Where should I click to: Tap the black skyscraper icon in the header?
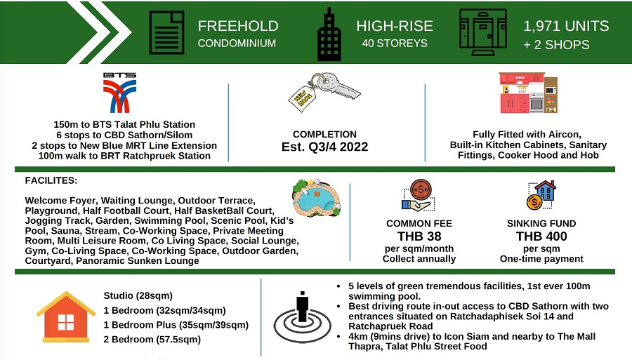[329, 33]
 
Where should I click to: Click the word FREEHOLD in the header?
[238, 27]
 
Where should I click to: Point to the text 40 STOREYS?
[394, 44]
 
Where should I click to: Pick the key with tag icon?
[324, 94]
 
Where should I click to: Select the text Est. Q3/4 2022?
[324, 148]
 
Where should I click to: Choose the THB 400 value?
[541, 236]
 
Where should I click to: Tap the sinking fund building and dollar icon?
[541, 196]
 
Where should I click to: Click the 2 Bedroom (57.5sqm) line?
[152, 340]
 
